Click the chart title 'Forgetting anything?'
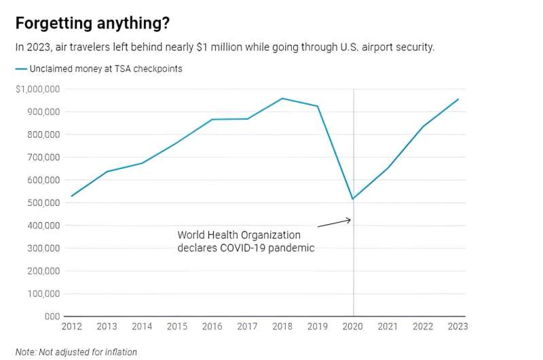coord(92,23)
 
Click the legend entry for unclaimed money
coord(98,69)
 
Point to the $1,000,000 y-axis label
coord(38,89)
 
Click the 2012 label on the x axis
coord(71,326)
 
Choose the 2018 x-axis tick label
coord(282,326)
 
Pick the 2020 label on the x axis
coord(353,326)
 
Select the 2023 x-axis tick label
coord(457,326)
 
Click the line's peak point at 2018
coord(282,98)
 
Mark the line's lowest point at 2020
coord(353,199)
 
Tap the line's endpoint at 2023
coord(458,99)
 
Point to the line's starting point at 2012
coord(71,196)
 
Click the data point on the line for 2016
coord(212,120)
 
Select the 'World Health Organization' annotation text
coord(239,235)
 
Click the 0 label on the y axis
coord(52,316)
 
